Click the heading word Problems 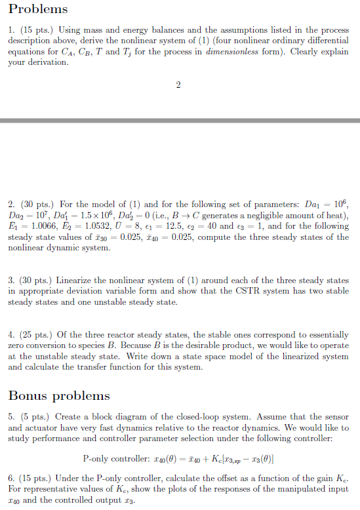point(38,9)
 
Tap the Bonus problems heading point(59,396)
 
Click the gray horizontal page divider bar point(180,121)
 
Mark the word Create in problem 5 point(69,417)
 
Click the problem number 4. point(11,325)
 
